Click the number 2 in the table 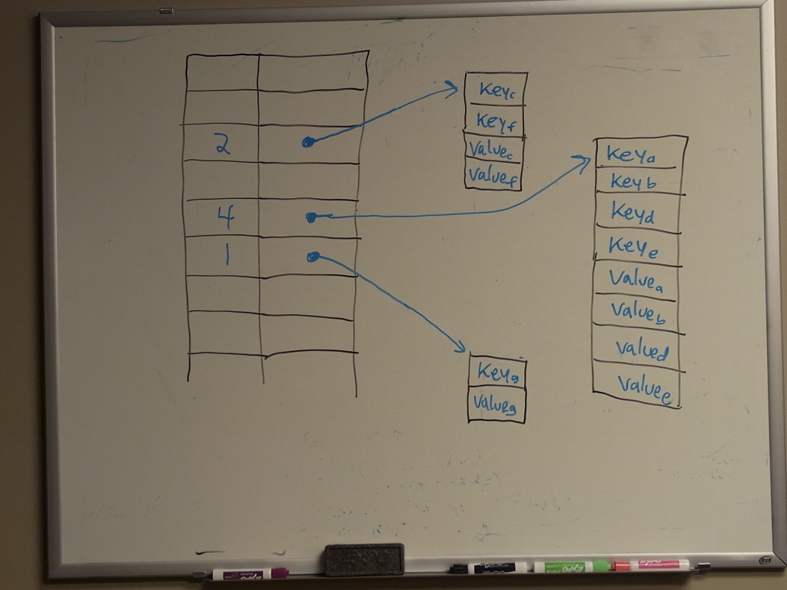tap(223, 144)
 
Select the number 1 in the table tap(226, 254)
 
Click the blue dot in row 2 tap(307, 141)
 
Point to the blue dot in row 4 tap(310, 217)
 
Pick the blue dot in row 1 tap(312, 257)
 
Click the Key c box tap(496, 89)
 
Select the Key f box tap(495, 120)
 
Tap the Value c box tap(494, 148)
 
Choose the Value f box tap(494, 176)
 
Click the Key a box tap(636, 154)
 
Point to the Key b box tap(636, 181)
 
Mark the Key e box tap(636, 245)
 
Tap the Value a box tap(636, 278)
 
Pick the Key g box tap(497, 372)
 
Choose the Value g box tap(497, 403)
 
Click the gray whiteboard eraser tap(364, 559)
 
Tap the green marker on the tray tap(572, 567)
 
